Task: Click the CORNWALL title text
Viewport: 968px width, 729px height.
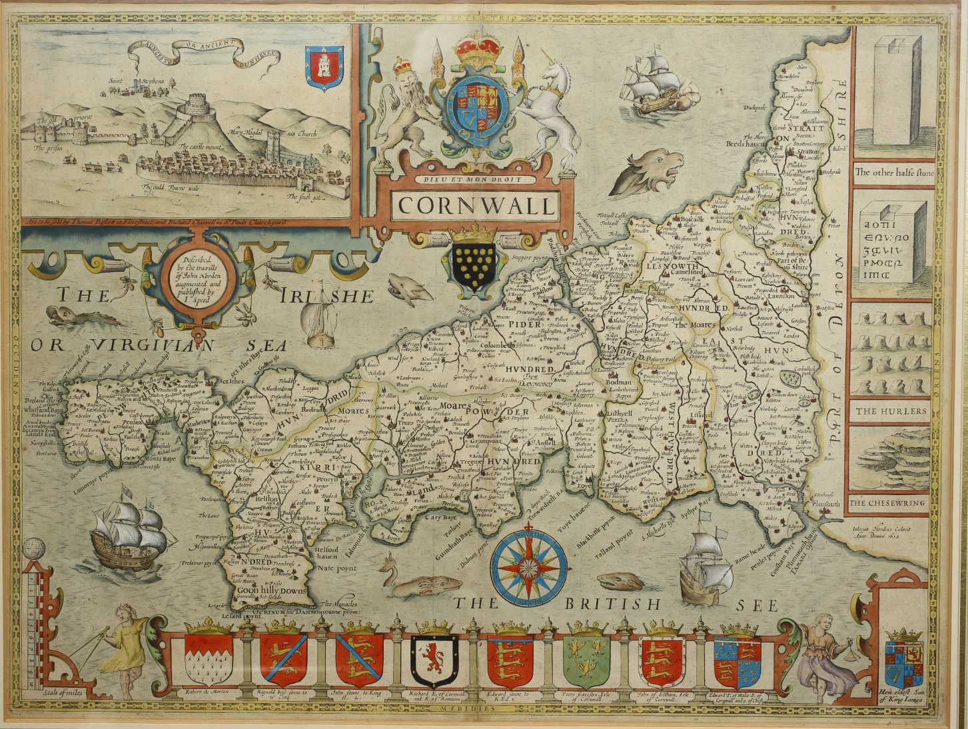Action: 476,205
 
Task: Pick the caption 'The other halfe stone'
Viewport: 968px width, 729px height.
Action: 894,172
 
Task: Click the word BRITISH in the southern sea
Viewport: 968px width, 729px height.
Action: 611,604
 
